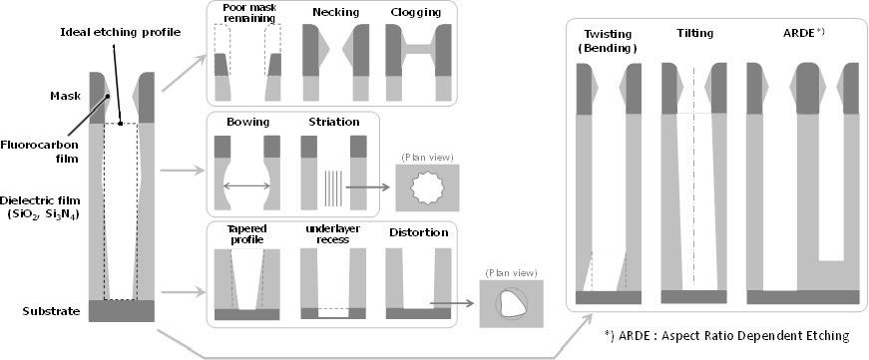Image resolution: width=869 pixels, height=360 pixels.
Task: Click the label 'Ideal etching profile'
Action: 121,32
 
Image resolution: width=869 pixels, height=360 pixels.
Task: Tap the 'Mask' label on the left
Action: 67,97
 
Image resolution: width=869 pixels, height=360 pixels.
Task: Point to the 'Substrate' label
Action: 52,311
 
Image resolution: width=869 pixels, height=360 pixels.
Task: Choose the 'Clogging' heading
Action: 416,12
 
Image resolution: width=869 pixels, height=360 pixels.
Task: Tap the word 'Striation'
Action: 334,122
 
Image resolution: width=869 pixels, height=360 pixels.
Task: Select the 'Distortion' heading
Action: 417,232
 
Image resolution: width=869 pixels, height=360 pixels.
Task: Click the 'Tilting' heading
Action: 695,33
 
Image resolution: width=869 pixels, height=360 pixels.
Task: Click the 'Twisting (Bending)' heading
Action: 608,41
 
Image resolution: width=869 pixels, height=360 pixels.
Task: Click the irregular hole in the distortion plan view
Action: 511,303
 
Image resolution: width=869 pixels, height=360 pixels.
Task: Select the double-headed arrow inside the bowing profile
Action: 246,186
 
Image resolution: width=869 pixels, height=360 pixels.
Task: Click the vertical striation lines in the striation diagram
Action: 333,187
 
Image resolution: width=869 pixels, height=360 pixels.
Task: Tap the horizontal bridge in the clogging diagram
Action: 418,49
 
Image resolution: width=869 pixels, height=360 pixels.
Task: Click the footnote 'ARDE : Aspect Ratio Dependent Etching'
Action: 726,336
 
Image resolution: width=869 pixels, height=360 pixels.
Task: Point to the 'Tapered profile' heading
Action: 246,233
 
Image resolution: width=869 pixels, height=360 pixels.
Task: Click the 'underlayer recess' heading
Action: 333,233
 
